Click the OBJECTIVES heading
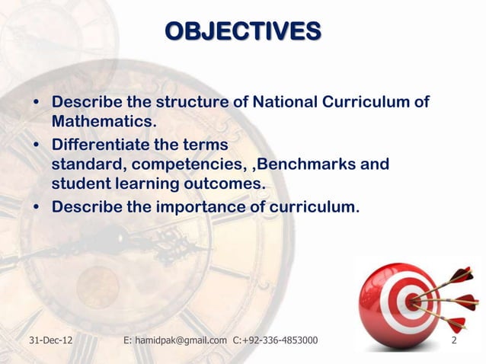tap(243, 31)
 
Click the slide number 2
tap(455, 340)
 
